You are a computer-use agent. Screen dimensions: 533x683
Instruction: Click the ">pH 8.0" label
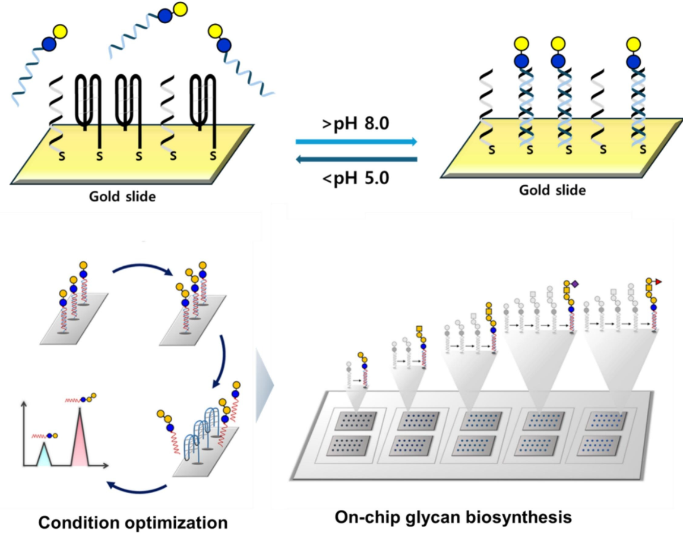click(355, 125)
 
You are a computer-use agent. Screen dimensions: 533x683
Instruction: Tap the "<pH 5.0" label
click(355, 177)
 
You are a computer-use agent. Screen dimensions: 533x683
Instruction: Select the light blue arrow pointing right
click(356, 142)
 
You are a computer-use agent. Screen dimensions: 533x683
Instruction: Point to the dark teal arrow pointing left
click(356, 159)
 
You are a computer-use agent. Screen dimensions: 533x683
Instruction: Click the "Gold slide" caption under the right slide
click(552, 190)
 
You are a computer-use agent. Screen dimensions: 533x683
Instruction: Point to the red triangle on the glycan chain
click(658, 282)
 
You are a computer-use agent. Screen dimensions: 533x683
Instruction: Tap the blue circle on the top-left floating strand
click(49, 44)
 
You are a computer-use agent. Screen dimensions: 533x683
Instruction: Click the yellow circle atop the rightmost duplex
click(633, 43)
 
